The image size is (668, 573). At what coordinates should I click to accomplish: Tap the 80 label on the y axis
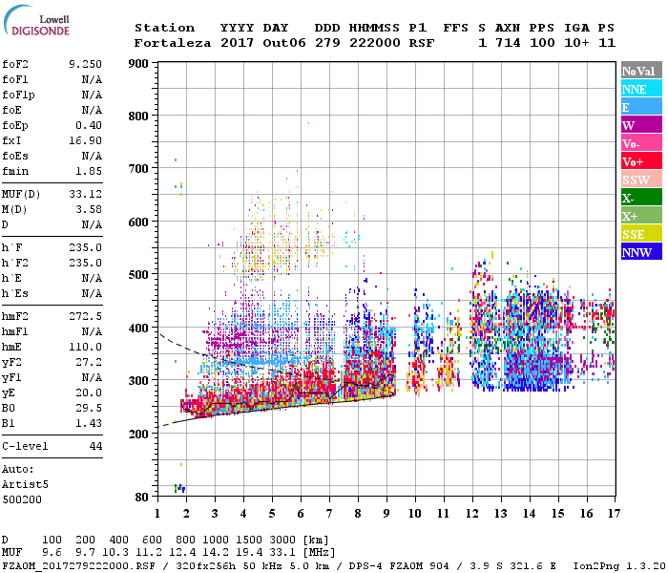[141, 497]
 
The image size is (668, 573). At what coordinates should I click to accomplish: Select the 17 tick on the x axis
[613, 513]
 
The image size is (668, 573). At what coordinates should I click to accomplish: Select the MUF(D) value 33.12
[86, 196]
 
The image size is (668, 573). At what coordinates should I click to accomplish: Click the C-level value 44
[95, 446]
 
